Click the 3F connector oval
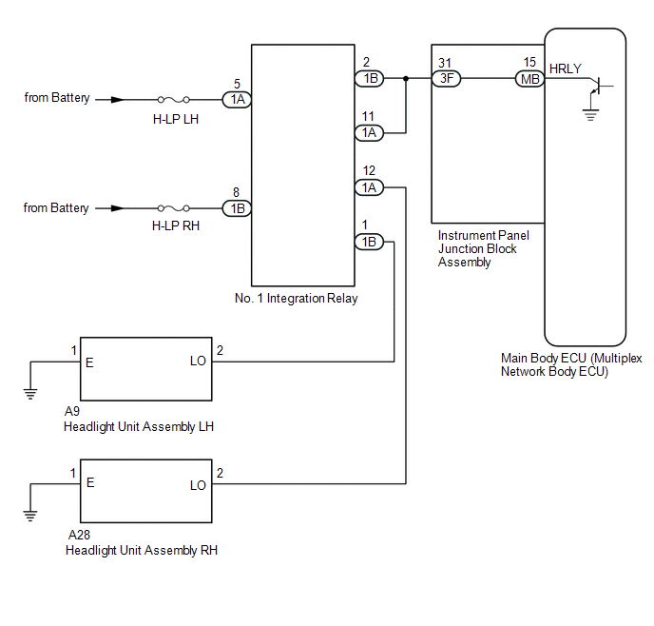pos(446,78)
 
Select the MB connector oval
pos(530,79)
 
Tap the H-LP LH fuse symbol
pos(174,100)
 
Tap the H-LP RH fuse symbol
pos(174,208)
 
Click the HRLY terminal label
pos(566,68)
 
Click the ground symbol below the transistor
pos(590,115)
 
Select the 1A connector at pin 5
pos(237,99)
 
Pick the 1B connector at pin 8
pos(237,208)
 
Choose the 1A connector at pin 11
pos(369,132)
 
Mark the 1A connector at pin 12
pos(369,187)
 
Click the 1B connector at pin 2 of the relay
pos(370,78)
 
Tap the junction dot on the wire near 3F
pos(406,78)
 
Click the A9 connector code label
pos(71,412)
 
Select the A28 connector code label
pos(79,535)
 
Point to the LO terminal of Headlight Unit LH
pos(198,361)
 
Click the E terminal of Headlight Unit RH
pos(90,483)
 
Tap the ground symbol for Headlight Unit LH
pos(30,394)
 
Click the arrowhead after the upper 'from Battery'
pos(117,100)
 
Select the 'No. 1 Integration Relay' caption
pos(297,298)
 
